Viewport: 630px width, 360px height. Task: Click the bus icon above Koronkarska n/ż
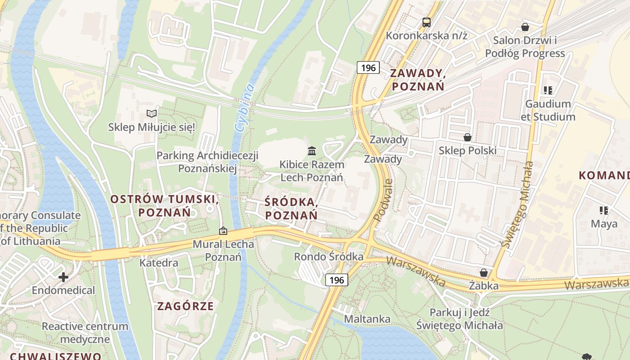click(426, 22)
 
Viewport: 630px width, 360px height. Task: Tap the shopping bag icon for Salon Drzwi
click(525, 27)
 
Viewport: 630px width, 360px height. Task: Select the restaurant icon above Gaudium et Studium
click(548, 90)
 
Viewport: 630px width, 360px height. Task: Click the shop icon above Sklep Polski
click(468, 137)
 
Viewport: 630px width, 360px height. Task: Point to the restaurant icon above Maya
click(603, 210)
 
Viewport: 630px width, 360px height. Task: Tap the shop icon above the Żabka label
click(484, 273)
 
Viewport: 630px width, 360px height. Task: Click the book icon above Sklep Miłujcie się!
click(152, 114)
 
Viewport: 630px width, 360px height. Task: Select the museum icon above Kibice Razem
click(311, 151)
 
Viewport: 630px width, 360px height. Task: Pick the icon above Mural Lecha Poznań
click(223, 231)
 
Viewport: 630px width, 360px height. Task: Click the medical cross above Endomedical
click(63, 277)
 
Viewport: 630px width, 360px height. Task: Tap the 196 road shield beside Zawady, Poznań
click(368, 68)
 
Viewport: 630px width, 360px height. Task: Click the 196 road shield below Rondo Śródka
click(336, 280)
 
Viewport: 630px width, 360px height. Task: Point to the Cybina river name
click(243, 108)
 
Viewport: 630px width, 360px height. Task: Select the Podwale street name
click(383, 201)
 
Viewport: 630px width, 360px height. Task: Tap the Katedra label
click(159, 262)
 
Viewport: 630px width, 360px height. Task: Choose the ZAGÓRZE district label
click(185, 306)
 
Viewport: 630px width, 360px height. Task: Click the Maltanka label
click(367, 319)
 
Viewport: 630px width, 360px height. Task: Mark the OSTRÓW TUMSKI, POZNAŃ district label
click(165, 206)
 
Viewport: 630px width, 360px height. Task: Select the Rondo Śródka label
click(328, 256)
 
